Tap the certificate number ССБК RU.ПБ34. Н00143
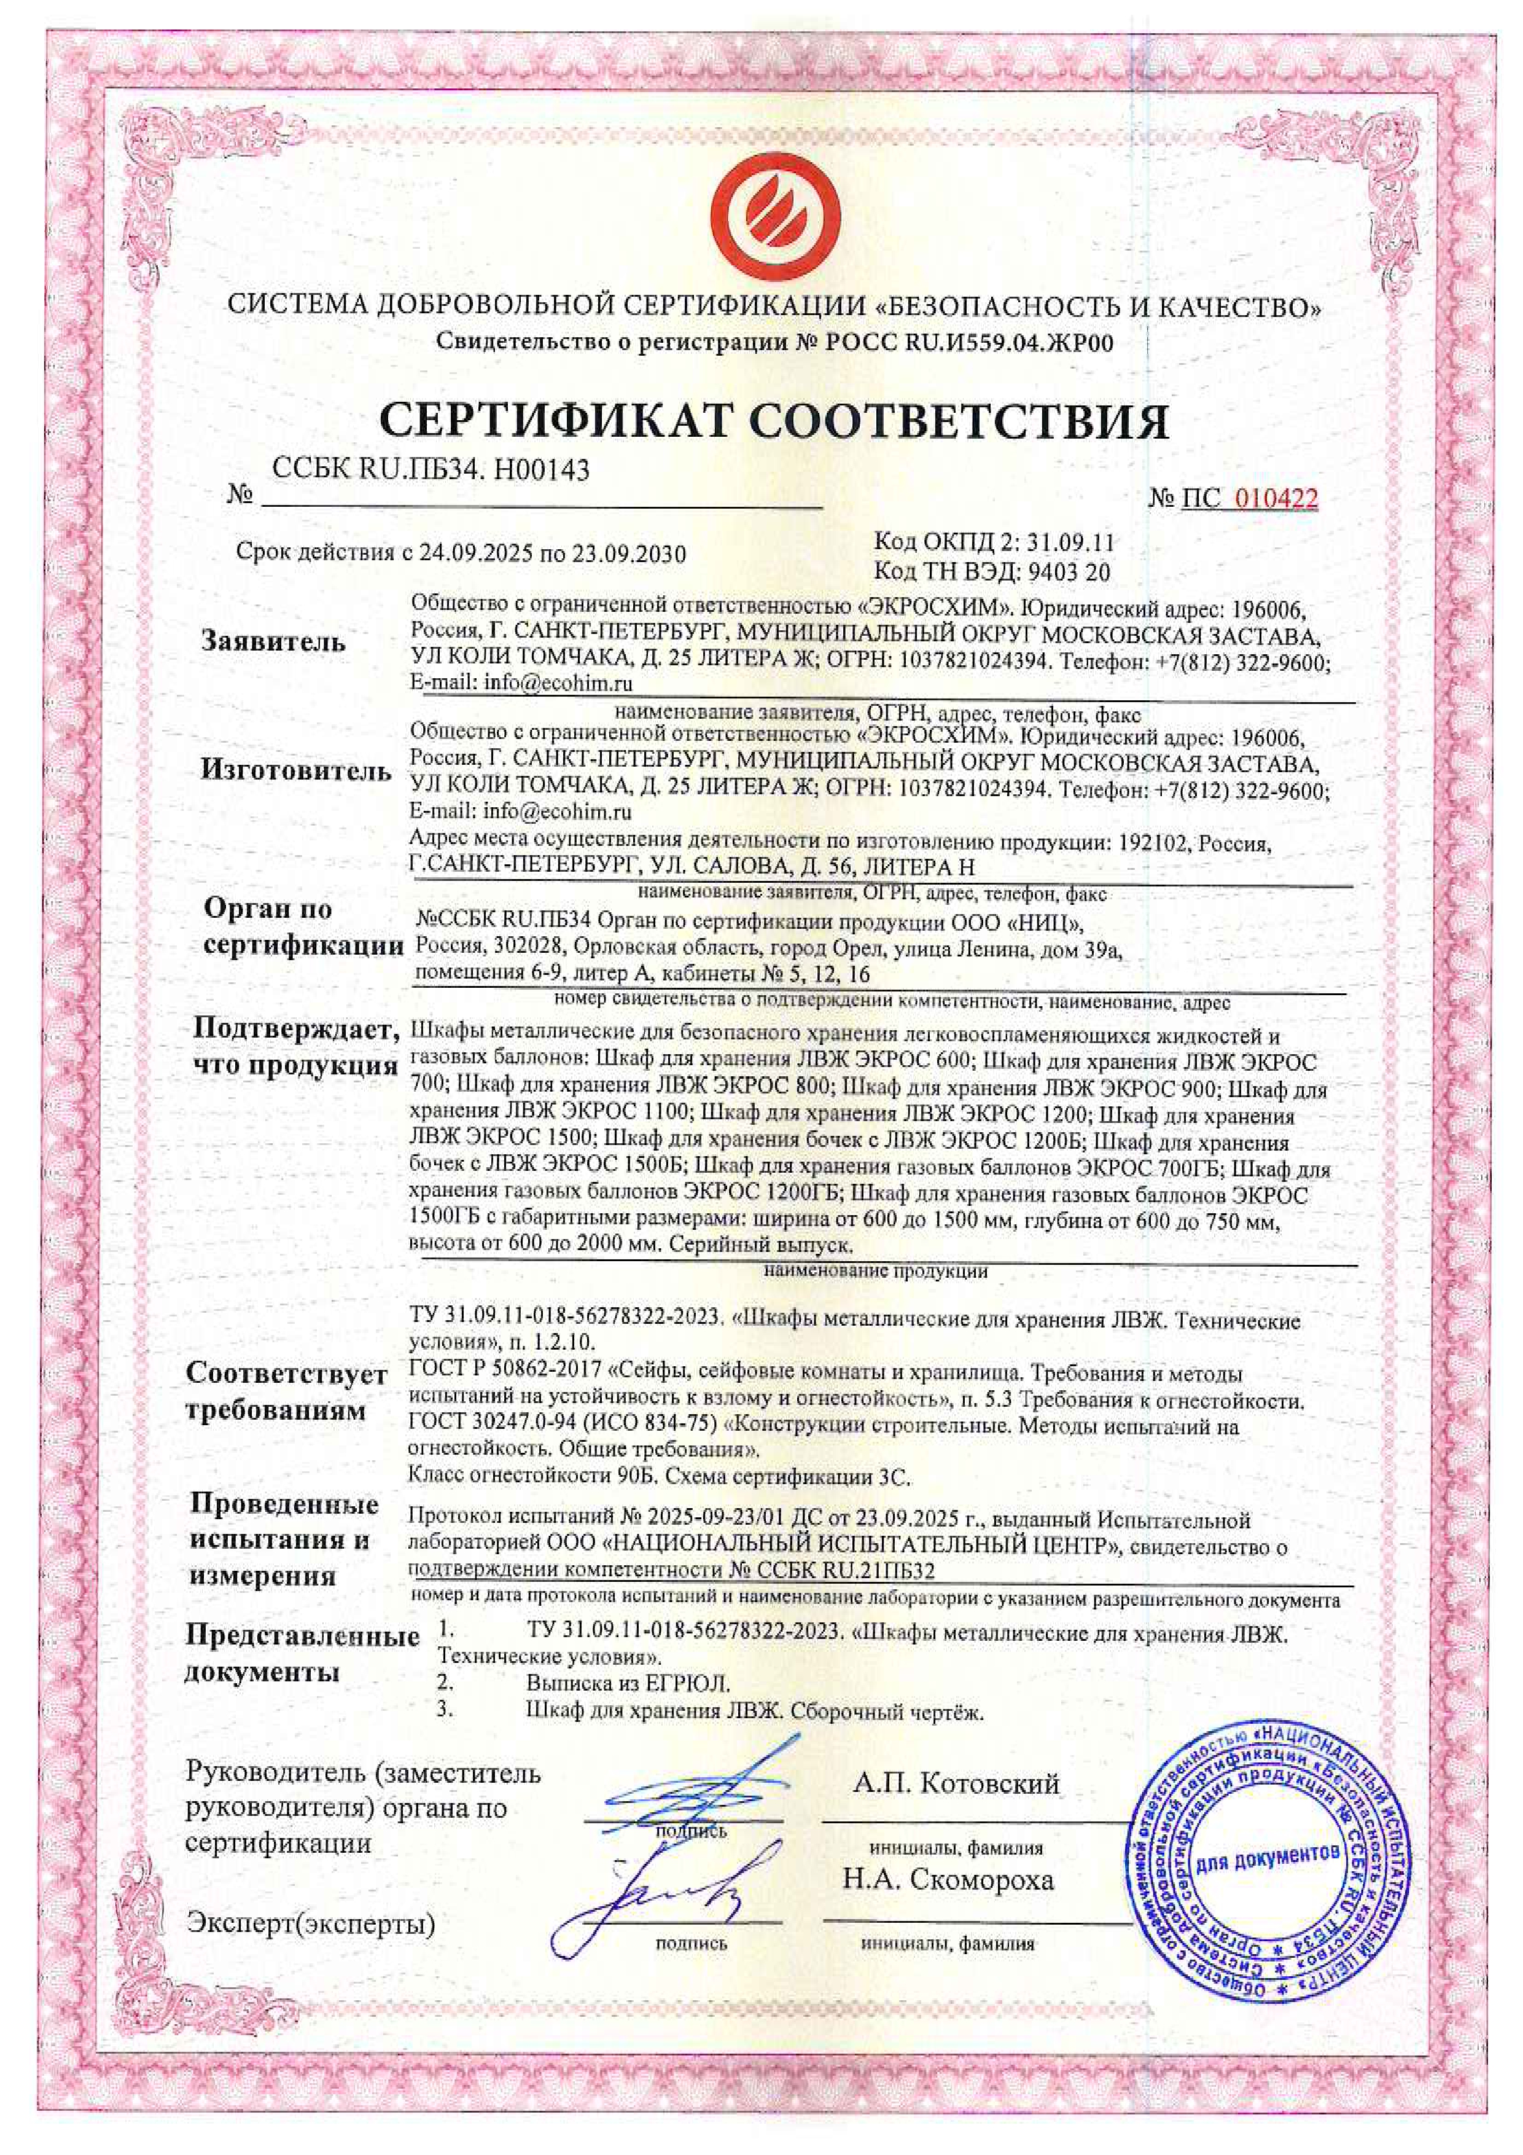pyautogui.click(x=430, y=469)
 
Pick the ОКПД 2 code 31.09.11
pyautogui.click(x=1070, y=542)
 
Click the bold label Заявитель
pyautogui.click(x=273, y=643)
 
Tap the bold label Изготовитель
pyautogui.click(x=295, y=772)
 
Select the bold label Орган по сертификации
pyautogui.click(x=302, y=928)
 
